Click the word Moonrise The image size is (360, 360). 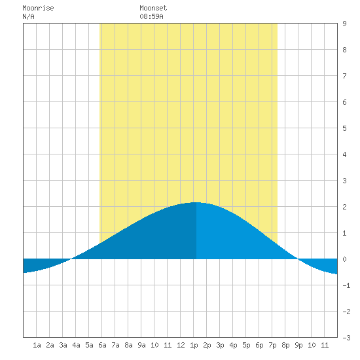click(38, 8)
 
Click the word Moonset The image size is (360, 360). click(153, 8)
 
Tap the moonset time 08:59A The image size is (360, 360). click(151, 16)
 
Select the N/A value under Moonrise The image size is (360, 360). click(28, 16)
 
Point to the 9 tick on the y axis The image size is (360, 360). click(344, 24)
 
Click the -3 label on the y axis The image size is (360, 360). click(346, 338)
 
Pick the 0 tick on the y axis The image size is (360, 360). click(344, 259)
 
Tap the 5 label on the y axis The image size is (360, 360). click(344, 128)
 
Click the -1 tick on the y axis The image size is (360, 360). click(346, 285)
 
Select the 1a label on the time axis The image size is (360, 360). click(37, 345)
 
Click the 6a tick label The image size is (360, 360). click(102, 345)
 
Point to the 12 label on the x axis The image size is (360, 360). click(181, 345)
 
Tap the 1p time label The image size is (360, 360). click(194, 345)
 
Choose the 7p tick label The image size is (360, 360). click(272, 345)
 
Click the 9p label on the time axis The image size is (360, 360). click(298, 345)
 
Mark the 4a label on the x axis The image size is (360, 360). click(76, 345)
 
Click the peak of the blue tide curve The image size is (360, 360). click(196, 202)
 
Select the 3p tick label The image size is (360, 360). click(220, 345)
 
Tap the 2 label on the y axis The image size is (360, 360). click(344, 207)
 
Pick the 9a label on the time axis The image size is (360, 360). click(141, 345)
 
